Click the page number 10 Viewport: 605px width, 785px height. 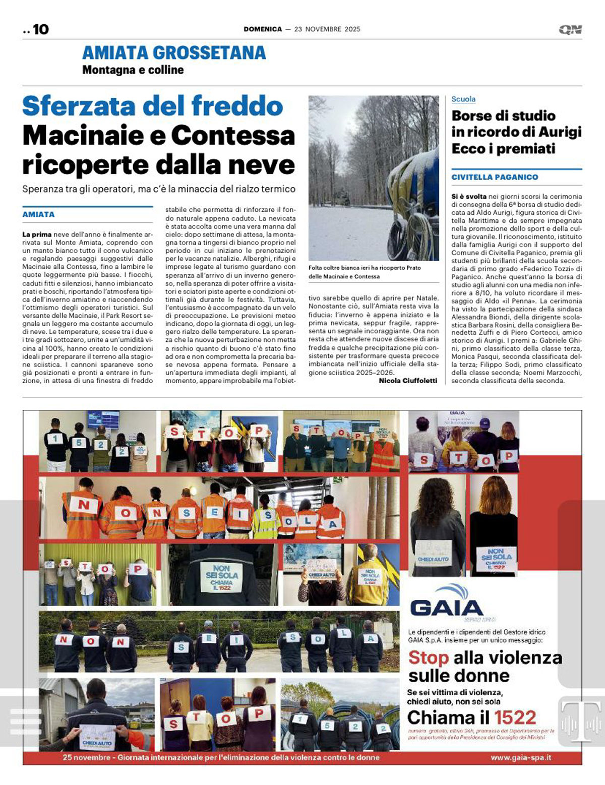tap(40, 30)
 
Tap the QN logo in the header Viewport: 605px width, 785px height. tap(570, 30)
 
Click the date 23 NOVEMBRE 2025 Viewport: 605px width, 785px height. tap(327, 29)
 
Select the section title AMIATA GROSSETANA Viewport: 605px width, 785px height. tap(174, 52)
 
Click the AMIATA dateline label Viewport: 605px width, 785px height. tap(38, 214)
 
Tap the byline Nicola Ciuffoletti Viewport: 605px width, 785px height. tap(408, 381)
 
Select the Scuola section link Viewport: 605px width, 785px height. tap(463, 99)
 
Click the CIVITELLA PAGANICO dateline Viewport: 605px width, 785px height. tap(495, 177)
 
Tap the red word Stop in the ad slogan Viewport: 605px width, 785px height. tap(428, 657)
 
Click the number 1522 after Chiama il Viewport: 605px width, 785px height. tap(515, 717)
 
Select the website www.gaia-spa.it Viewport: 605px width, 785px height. tap(521, 758)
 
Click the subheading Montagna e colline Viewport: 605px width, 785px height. tap(133, 70)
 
